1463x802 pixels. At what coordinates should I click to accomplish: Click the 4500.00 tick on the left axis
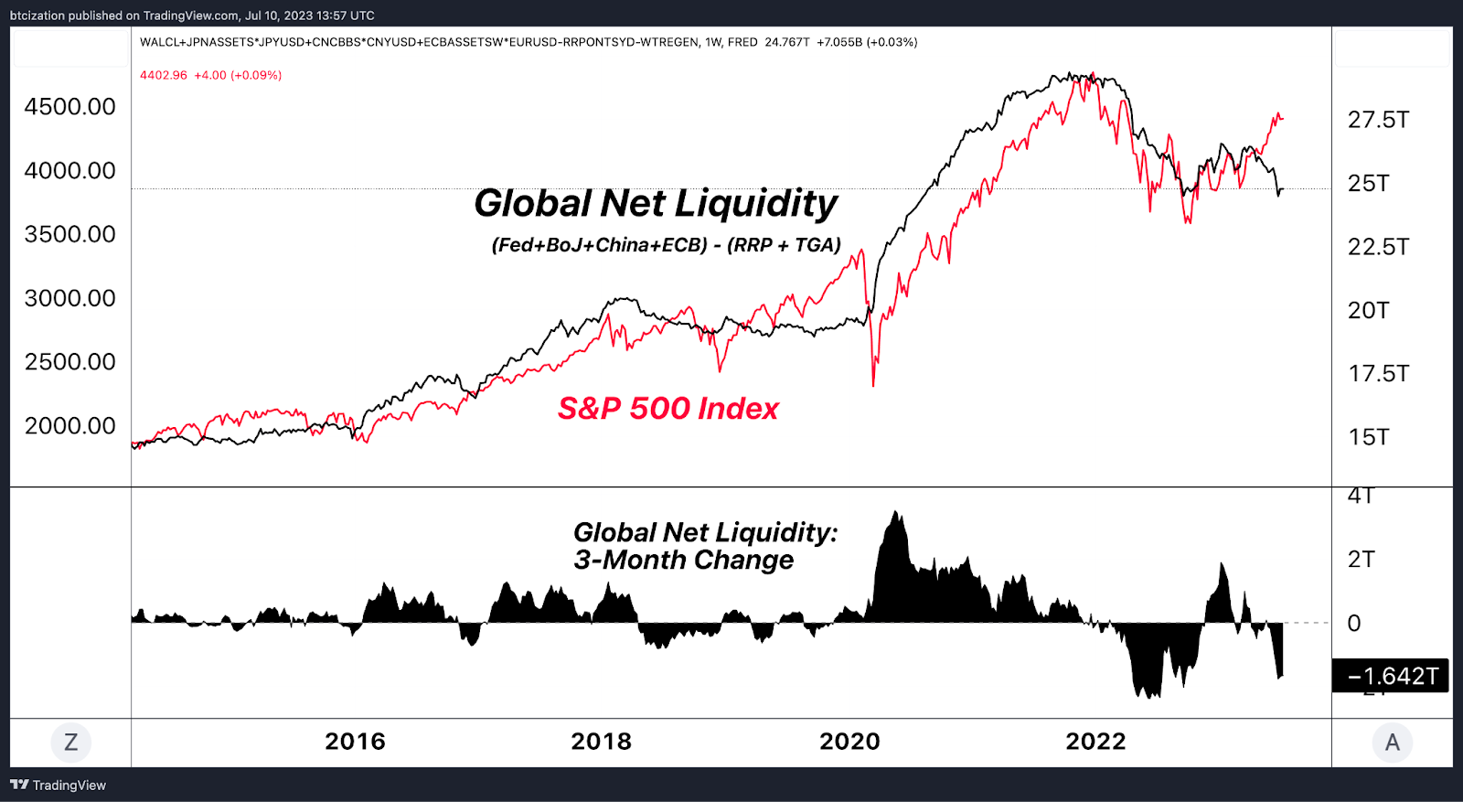[x=69, y=107]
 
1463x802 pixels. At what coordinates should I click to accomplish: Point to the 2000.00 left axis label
[x=69, y=426]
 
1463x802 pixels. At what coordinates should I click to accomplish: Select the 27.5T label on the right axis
[x=1378, y=120]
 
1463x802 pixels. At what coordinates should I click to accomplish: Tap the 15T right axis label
[x=1368, y=437]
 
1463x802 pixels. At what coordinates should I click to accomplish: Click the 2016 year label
[x=355, y=742]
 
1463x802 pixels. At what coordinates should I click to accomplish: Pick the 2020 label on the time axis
[x=849, y=742]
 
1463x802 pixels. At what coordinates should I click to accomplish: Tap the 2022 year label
[x=1095, y=742]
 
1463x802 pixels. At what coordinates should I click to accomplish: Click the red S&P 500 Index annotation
[x=667, y=409]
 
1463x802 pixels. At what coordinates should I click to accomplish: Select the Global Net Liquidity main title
[x=655, y=203]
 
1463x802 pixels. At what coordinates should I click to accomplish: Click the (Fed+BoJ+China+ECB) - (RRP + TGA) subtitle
[x=666, y=245]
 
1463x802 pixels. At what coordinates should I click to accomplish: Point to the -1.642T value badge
[x=1391, y=676]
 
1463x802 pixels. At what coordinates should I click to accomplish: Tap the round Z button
[x=70, y=742]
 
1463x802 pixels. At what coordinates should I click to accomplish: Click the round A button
[x=1392, y=742]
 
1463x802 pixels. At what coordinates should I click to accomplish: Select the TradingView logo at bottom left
[x=58, y=786]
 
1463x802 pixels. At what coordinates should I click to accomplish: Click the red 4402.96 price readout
[x=164, y=75]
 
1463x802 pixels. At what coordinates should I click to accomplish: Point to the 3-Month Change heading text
[x=683, y=560]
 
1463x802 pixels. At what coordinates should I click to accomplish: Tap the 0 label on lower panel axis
[x=1354, y=624]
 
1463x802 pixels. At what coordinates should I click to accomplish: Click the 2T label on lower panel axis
[x=1361, y=560]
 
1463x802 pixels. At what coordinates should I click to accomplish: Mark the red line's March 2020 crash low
[x=873, y=384]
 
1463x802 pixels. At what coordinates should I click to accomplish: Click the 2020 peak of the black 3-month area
[x=896, y=512]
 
